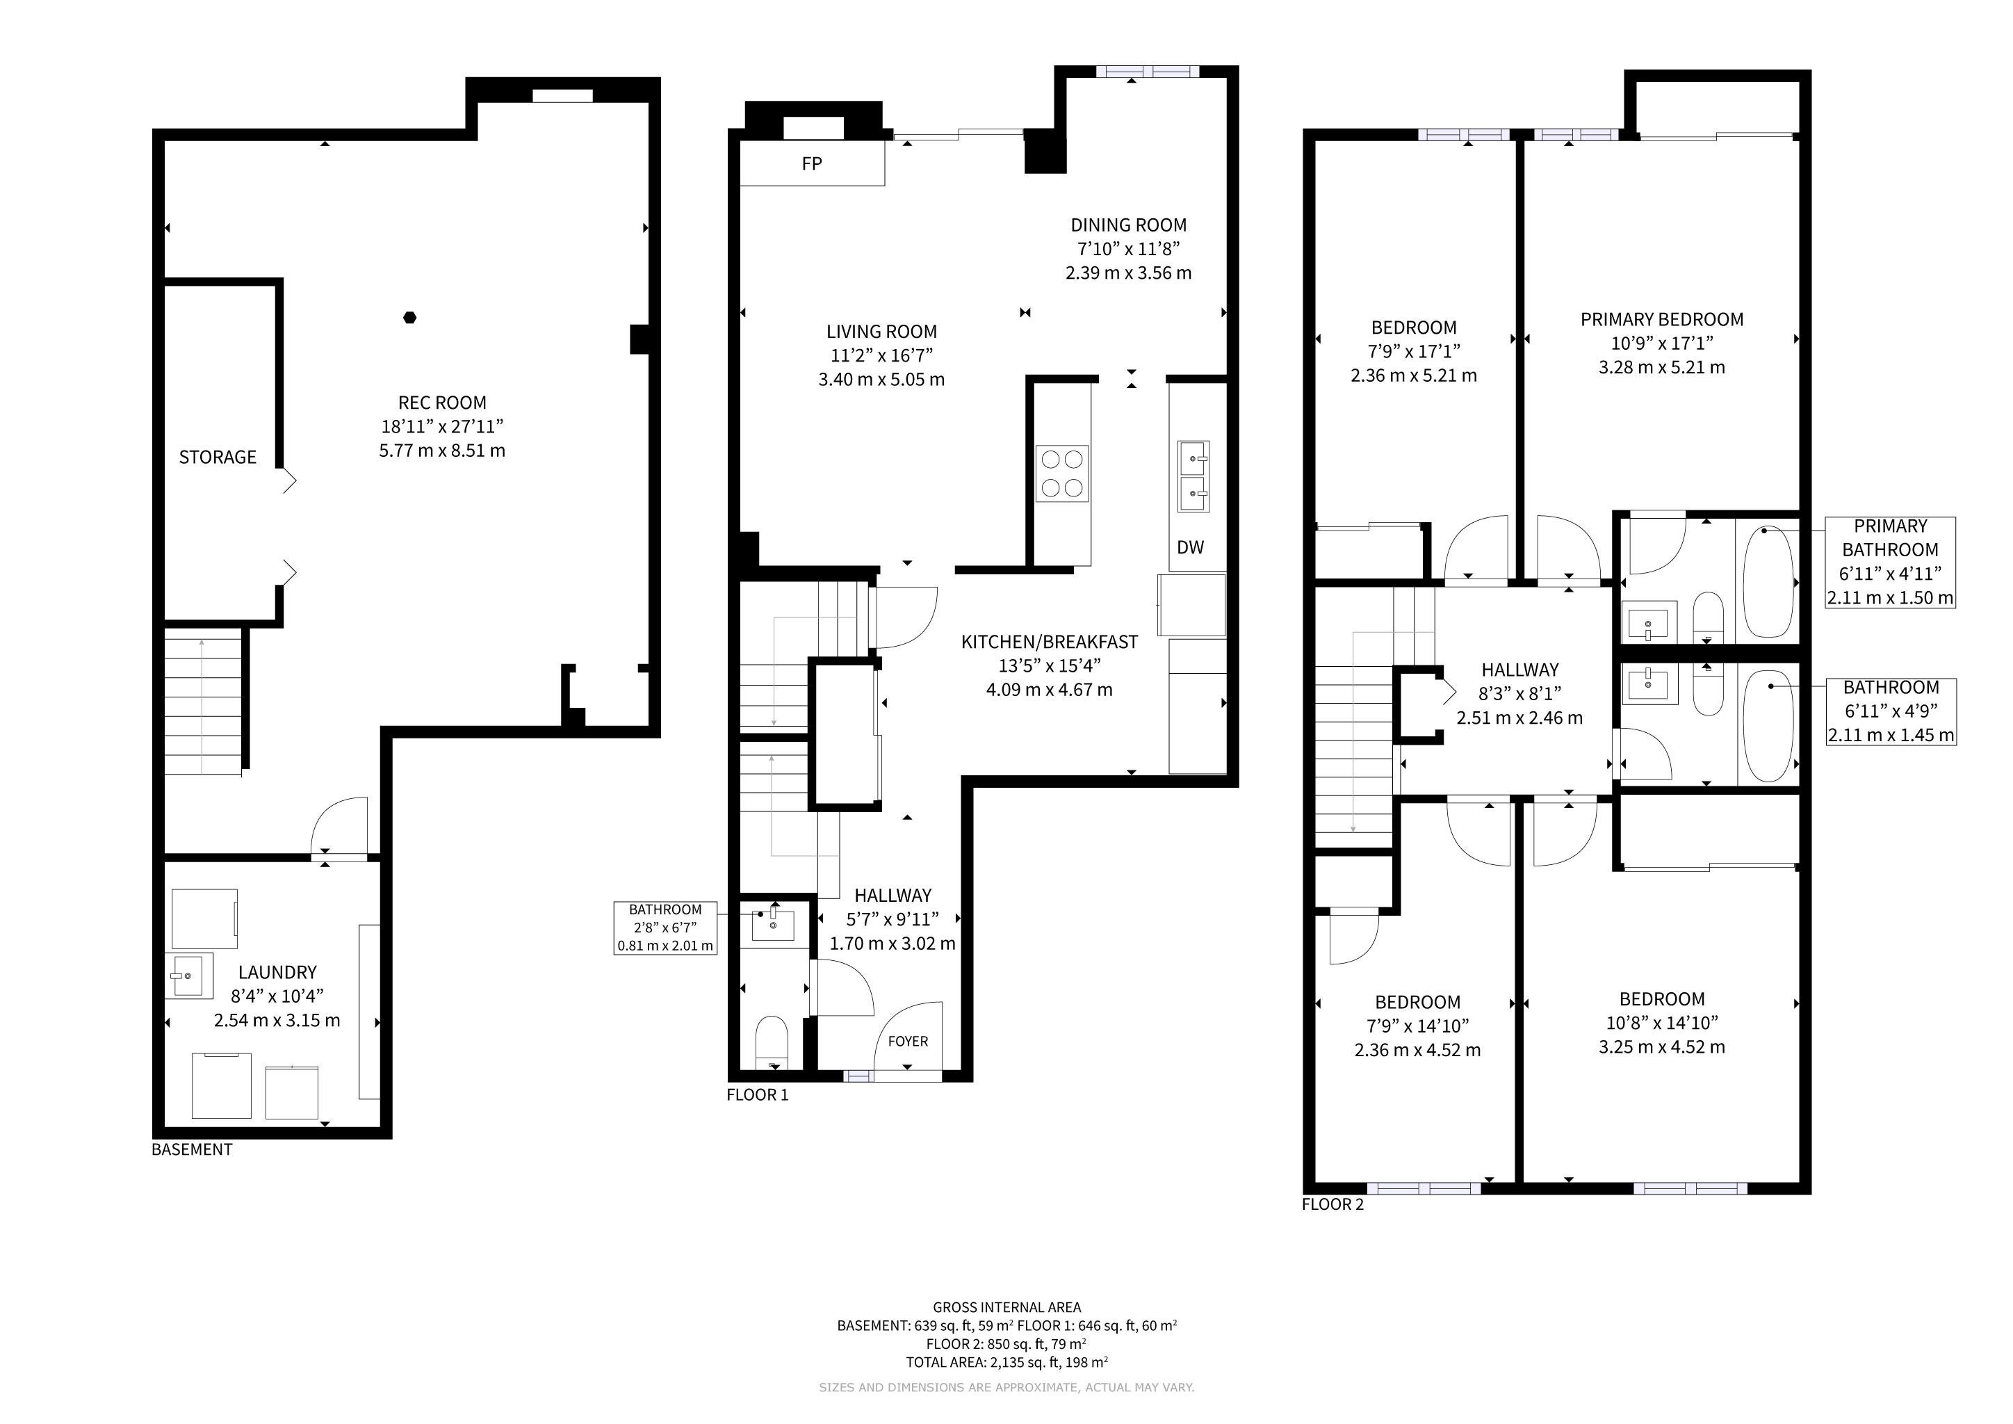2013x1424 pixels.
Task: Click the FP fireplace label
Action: pyautogui.click(x=812, y=164)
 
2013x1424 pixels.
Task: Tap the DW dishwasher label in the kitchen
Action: pyautogui.click(x=1191, y=548)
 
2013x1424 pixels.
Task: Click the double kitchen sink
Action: pyautogui.click(x=1193, y=477)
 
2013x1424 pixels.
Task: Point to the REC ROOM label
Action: pyautogui.click(x=442, y=403)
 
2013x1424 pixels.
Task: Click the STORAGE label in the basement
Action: pyautogui.click(x=218, y=458)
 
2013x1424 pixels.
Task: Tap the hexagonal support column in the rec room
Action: pyautogui.click(x=409, y=318)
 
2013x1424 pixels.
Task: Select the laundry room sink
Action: pyautogui.click(x=188, y=976)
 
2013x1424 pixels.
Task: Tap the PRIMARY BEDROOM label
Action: pyautogui.click(x=1661, y=320)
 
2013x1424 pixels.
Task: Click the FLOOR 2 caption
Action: pyautogui.click(x=1333, y=1205)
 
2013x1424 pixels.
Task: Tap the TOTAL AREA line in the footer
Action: pyautogui.click(x=1006, y=1363)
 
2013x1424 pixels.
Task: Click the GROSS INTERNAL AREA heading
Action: pyautogui.click(x=1006, y=1307)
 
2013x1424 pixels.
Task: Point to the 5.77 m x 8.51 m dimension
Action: pyautogui.click(x=442, y=451)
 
